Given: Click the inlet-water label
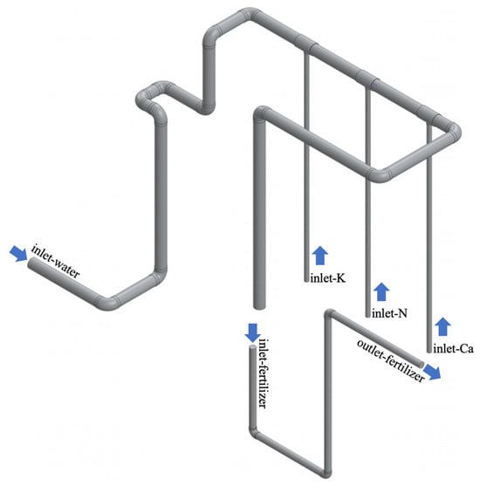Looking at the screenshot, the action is pyautogui.click(x=56, y=261).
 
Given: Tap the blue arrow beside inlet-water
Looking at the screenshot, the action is pyautogui.click(x=18, y=254).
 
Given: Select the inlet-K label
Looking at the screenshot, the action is pyautogui.click(x=327, y=278).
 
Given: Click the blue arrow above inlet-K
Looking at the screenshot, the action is pyautogui.click(x=320, y=256).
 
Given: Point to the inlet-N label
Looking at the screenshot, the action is pyautogui.click(x=389, y=313).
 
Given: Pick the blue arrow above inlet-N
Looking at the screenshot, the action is pyautogui.click(x=381, y=291).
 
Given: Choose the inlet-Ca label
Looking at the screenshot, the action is pyautogui.click(x=453, y=349).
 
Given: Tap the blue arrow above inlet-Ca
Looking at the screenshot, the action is pyautogui.click(x=442, y=326).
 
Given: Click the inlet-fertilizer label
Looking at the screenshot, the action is pyautogui.click(x=263, y=373).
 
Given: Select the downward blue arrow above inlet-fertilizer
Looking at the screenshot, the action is pyautogui.click(x=253, y=333).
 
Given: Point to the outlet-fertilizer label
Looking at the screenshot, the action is pyautogui.click(x=390, y=360).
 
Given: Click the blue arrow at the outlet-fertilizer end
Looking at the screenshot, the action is pyautogui.click(x=432, y=372).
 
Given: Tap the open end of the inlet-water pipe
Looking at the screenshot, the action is pyautogui.click(x=31, y=264).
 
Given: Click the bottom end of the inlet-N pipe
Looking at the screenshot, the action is pyautogui.click(x=367, y=315).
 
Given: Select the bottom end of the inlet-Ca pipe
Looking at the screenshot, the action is pyautogui.click(x=429, y=351).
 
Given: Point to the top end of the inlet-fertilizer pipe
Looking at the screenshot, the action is pyautogui.click(x=252, y=348).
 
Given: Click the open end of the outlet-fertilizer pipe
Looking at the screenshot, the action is pyautogui.click(x=421, y=364).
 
